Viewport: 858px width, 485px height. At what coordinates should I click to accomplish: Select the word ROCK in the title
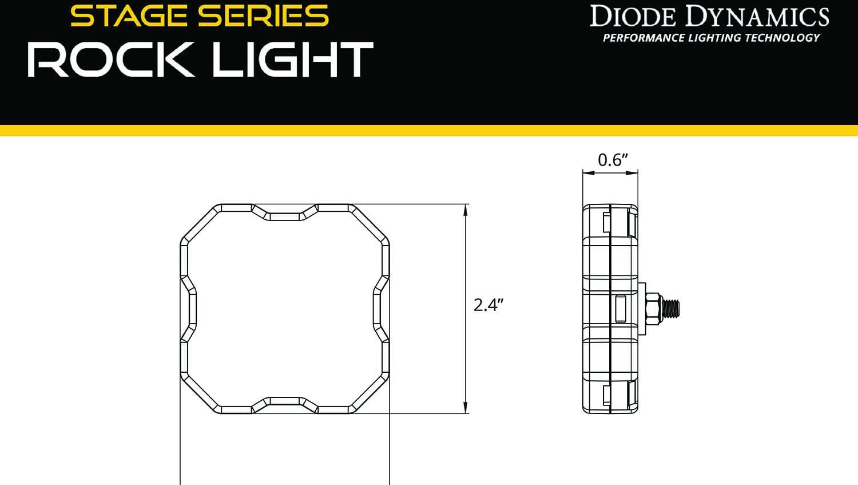click(x=111, y=60)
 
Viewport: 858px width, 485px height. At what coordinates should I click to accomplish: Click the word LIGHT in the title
click(x=292, y=60)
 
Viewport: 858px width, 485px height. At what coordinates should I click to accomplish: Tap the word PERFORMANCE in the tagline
click(x=643, y=38)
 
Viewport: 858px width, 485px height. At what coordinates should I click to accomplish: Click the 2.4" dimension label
click(x=488, y=305)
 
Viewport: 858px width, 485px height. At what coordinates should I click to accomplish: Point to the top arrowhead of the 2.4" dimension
click(x=466, y=209)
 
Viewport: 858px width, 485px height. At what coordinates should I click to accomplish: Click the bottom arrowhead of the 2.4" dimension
click(x=466, y=408)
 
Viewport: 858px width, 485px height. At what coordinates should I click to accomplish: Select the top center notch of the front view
click(x=285, y=215)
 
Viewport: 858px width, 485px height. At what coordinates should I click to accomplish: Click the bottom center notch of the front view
click(x=285, y=402)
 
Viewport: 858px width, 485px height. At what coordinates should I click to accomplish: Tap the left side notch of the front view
click(x=190, y=309)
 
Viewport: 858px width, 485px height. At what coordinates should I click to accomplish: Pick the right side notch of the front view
click(x=380, y=309)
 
